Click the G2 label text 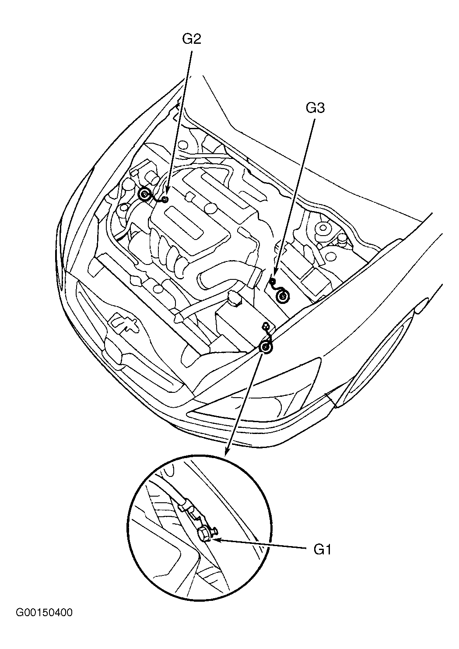tap(191, 39)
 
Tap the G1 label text tap(322, 550)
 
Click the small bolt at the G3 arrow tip tap(272, 281)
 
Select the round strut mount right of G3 tap(324, 229)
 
